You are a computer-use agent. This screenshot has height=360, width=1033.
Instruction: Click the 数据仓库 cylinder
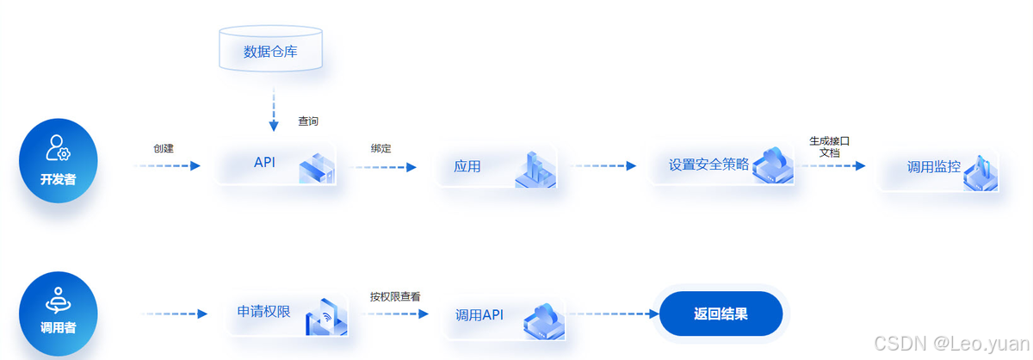(x=270, y=50)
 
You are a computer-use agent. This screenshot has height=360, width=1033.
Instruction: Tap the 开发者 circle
(x=59, y=161)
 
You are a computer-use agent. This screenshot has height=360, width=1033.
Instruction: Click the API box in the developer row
(x=275, y=164)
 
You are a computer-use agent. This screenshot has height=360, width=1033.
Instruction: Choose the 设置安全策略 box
(x=721, y=164)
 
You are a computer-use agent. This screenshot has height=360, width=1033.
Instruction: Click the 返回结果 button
(x=721, y=313)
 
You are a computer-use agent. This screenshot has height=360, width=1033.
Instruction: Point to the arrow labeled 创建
(x=168, y=165)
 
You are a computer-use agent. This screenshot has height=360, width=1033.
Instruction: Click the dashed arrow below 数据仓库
(x=274, y=109)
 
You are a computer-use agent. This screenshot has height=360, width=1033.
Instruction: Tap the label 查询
(x=308, y=121)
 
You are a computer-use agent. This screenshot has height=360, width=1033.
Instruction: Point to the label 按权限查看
(x=395, y=295)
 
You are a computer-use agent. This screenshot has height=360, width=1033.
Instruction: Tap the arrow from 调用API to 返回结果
(x=611, y=313)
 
